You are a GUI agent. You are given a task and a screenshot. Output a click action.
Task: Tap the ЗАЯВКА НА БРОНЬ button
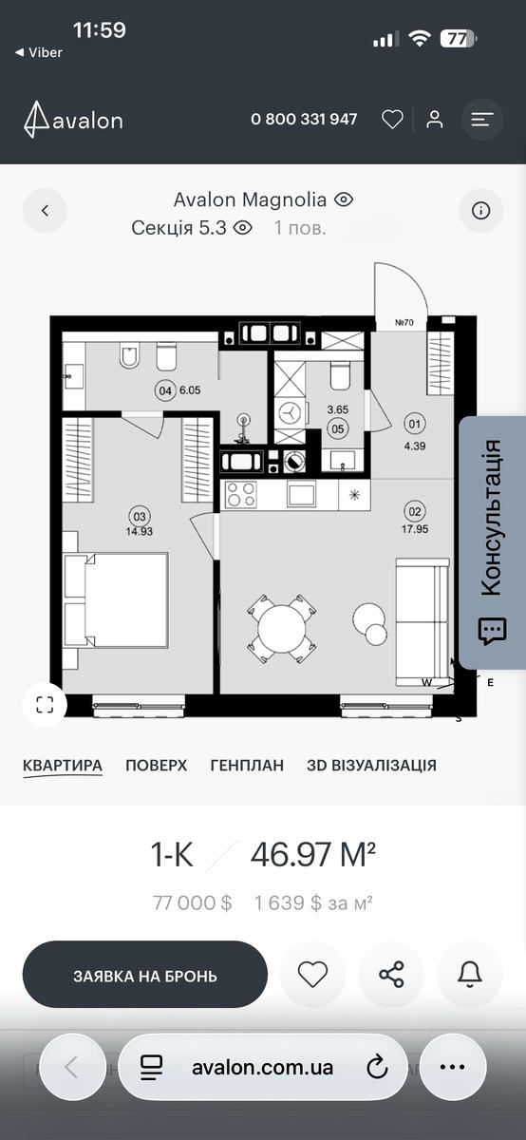(145, 976)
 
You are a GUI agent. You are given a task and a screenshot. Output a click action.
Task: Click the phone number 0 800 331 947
(304, 119)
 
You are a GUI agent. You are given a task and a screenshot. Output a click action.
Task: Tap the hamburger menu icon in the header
(481, 120)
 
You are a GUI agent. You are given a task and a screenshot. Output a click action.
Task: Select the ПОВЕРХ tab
(156, 765)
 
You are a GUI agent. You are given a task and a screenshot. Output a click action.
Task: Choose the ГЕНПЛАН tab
(247, 765)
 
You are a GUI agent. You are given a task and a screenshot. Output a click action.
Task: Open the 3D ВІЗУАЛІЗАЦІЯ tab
(371, 765)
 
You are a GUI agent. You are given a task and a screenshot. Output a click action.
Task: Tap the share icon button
(391, 975)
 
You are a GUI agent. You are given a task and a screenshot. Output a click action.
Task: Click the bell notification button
(470, 975)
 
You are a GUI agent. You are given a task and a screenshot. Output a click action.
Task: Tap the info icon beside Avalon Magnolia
(480, 210)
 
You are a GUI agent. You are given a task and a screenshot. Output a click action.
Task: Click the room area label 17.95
(415, 529)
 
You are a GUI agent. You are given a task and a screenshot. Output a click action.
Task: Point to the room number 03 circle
(140, 517)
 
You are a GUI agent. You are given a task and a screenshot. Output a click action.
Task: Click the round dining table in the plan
(282, 629)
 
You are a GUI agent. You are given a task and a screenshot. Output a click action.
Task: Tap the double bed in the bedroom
(116, 599)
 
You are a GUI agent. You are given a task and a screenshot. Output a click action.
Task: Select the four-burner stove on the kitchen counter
(240, 494)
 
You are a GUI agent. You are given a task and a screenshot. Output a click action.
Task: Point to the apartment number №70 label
(404, 322)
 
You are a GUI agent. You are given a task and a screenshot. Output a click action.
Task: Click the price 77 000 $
(193, 902)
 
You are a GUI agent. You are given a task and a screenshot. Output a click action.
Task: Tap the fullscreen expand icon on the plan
(45, 705)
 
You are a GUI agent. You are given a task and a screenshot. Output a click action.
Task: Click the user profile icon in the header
(435, 120)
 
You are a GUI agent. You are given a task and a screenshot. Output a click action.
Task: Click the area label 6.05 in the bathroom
(190, 390)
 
